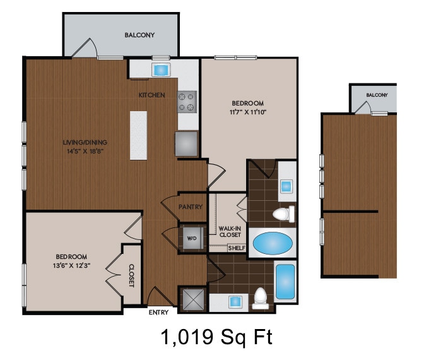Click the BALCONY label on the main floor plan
click(x=139, y=35)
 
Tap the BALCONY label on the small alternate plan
click(x=377, y=95)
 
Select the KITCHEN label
click(x=152, y=95)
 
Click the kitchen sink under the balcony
click(x=160, y=69)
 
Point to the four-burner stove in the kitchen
click(x=187, y=102)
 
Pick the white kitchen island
click(x=138, y=135)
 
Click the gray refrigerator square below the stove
click(x=186, y=143)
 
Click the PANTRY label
click(x=190, y=207)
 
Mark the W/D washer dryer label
click(x=192, y=239)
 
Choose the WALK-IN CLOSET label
click(x=230, y=232)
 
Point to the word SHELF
click(x=236, y=248)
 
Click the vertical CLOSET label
click(x=132, y=275)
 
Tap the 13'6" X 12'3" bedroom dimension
click(x=71, y=266)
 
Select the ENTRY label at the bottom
click(x=158, y=312)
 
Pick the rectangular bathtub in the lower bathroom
click(x=286, y=281)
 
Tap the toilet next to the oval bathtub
click(x=281, y=214)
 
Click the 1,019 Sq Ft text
click(x=216, y=337)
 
